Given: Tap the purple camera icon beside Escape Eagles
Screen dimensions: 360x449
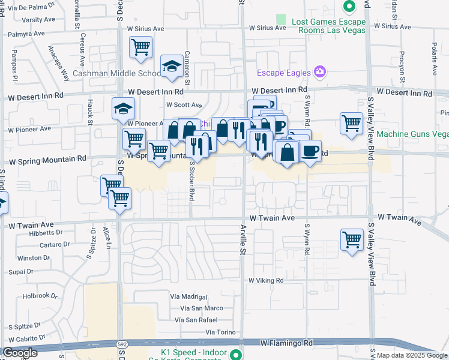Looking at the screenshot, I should [320, 73].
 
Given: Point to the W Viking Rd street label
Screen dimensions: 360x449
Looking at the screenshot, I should [264, 280].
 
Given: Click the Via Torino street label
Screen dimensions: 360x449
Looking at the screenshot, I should [218, 332].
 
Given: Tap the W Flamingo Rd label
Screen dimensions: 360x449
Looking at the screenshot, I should [287, 343].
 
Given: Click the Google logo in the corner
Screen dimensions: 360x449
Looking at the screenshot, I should [20, 353].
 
